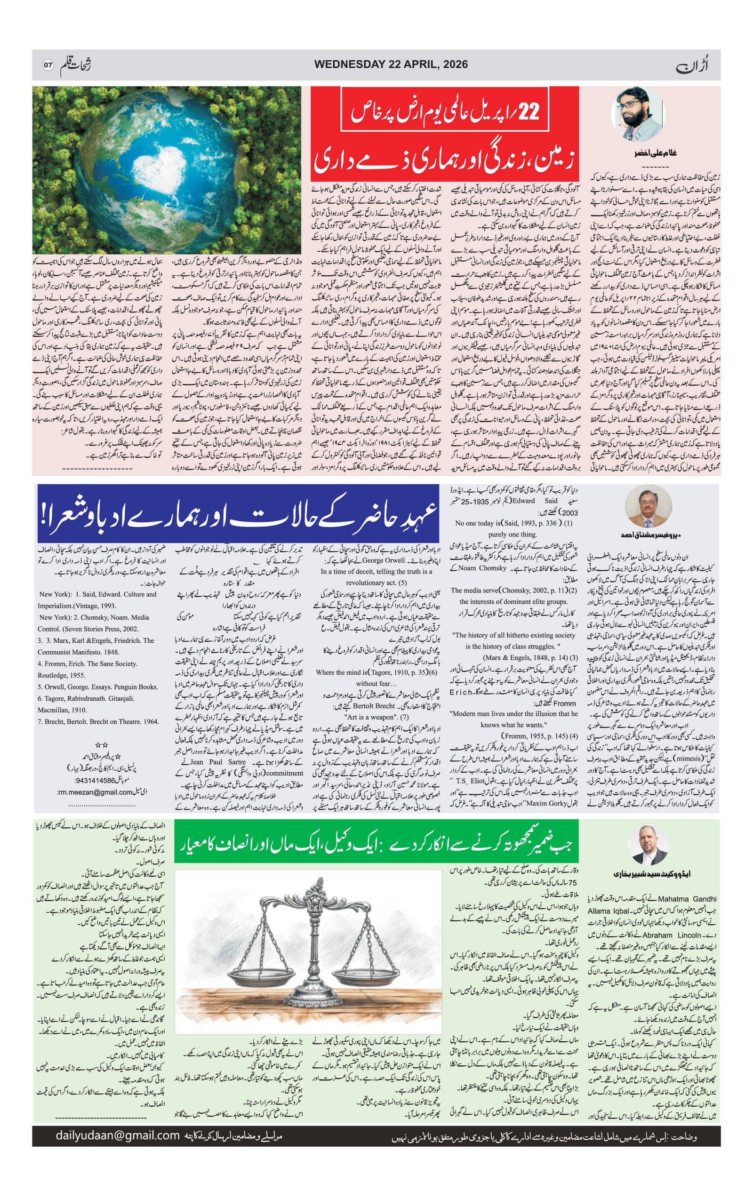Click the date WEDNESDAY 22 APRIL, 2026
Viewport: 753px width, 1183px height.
pyautogui.click(x=391, y=64)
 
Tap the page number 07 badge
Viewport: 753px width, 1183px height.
pyautogui.click(x=47, y=65)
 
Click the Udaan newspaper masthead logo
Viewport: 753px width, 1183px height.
pyautogui.click(x=693, y=64)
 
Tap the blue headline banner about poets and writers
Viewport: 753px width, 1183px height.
pyautogui.click(x=238, y=513)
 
